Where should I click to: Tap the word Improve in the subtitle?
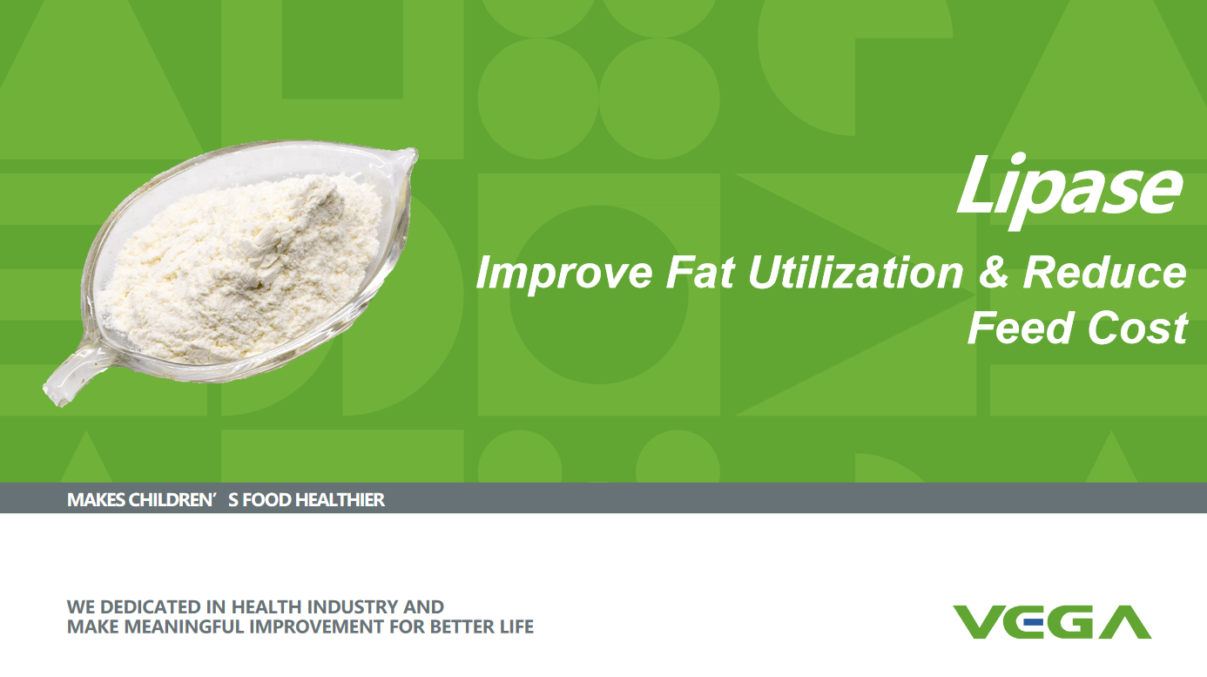click(564, 274)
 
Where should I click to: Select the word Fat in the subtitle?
click(700, 272)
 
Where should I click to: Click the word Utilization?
click(856, 272)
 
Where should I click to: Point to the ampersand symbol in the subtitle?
click(993, 272)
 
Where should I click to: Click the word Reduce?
click(1104, 272)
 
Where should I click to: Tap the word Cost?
click(1137, 328)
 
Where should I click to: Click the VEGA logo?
click(1052, 621)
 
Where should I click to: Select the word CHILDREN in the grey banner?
click(172, 499)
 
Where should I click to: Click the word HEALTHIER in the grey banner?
click(340, 499)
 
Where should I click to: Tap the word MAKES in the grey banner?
click(96, 499)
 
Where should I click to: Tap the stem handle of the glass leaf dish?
click(70, 375)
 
